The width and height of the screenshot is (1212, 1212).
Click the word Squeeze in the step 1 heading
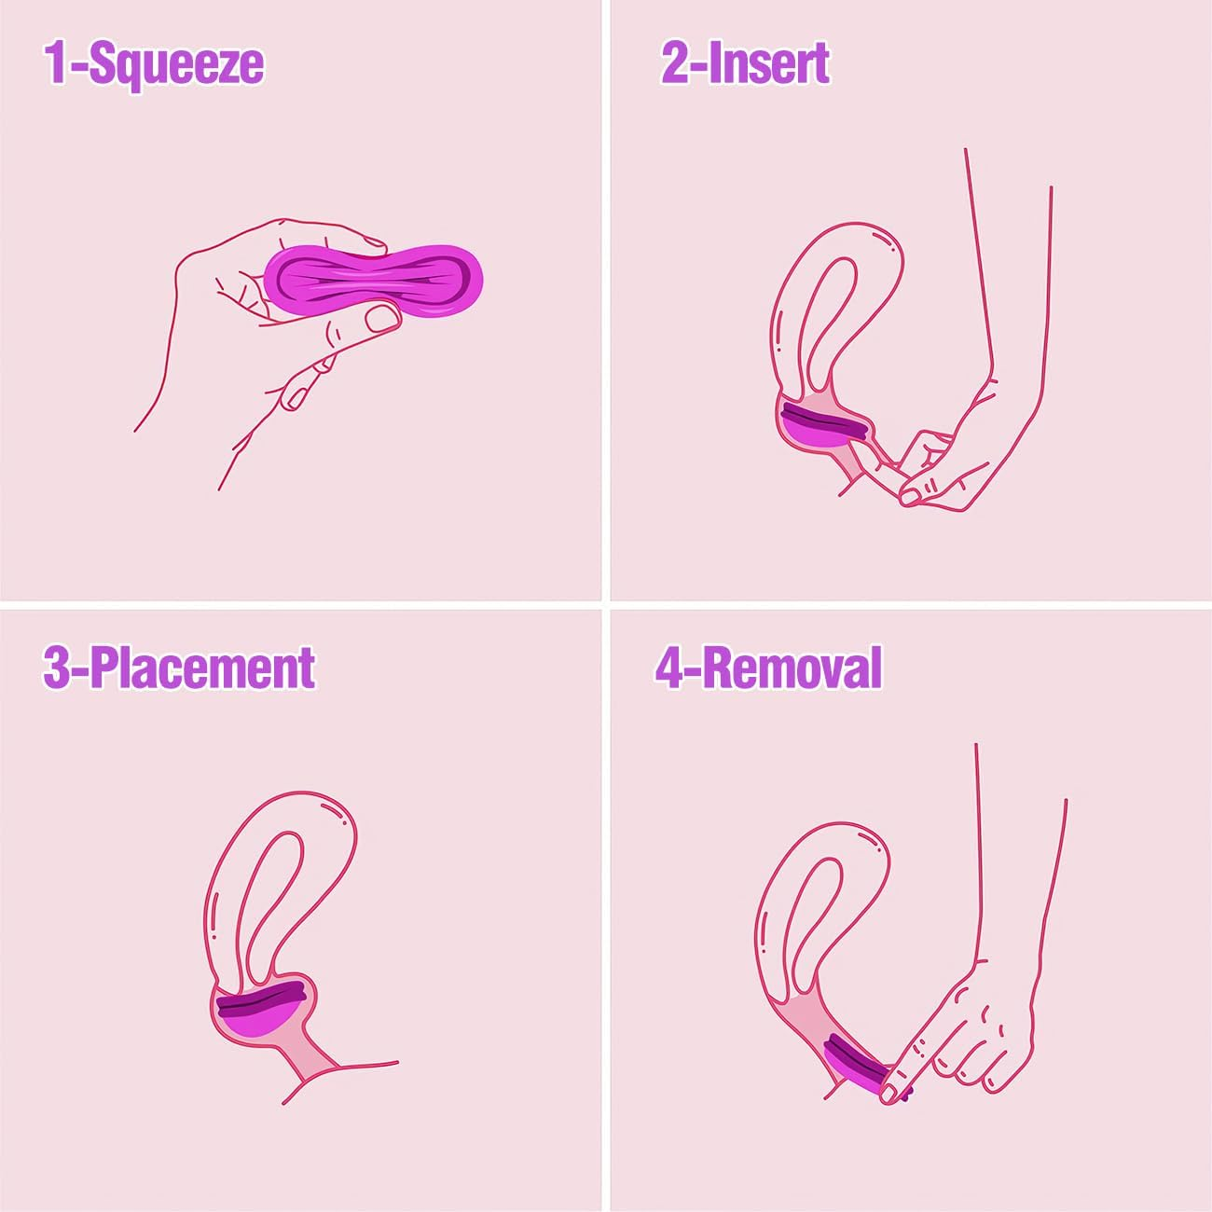[x=177, y=63]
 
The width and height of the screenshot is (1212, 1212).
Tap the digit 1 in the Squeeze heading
[x=57, y=63]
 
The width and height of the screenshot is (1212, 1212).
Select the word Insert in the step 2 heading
[x=769, y=63]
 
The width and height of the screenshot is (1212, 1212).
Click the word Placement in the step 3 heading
[x=203, y=668]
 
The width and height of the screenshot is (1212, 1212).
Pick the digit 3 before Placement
[x=57, y=668]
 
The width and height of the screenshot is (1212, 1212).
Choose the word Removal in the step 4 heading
[x=792, y=668]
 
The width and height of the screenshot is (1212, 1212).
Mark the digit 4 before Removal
[x=670, y=668]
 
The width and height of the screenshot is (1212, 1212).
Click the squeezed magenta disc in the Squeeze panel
[x=373, y=278]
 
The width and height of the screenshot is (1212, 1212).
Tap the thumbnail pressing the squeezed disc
[x=381, y=319]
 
